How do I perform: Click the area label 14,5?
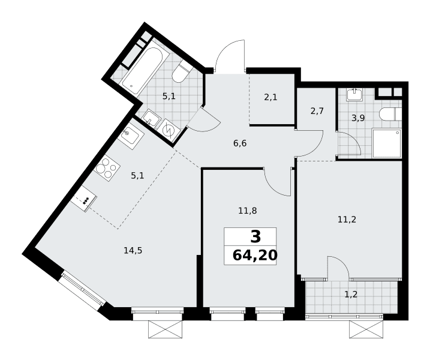[x=133, y=251]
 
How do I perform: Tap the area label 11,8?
[x=247, y=211]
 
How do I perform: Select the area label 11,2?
[x=347, y=220]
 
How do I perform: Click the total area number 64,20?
[x=255, y=256]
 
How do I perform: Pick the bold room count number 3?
[x=255, y=237]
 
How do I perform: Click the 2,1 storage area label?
[x=270, y=97]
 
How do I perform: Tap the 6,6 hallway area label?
[x=240, y=143]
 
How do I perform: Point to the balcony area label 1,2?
[x=351, y=295]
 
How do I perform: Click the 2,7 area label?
[x=317, y=111]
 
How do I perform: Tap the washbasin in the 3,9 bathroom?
[x=355, y=95]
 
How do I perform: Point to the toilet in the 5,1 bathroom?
[x=181, y=73]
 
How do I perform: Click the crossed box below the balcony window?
[x=365, y=329]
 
